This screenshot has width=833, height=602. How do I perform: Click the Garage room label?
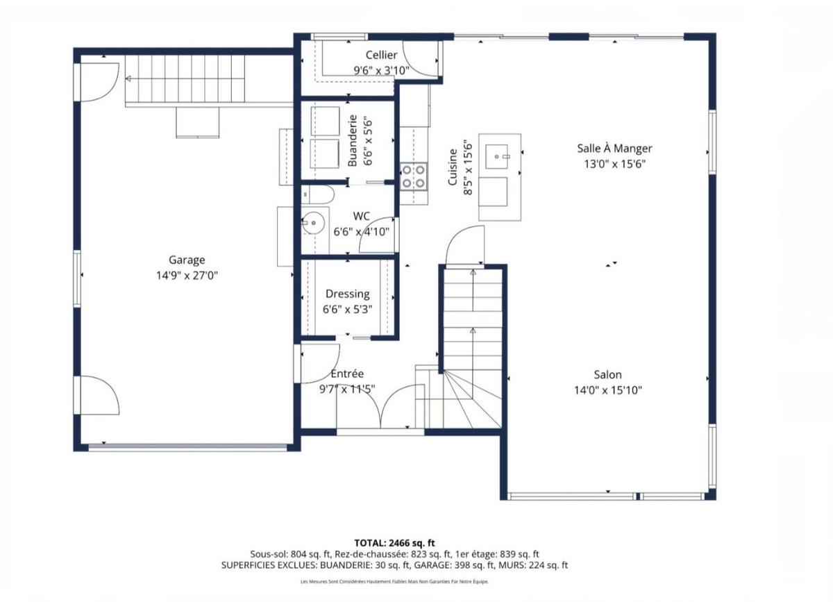click(187, 260)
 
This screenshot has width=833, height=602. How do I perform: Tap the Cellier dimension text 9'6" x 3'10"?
click(381, 70)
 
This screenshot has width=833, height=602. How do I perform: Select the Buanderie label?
click(352, 141)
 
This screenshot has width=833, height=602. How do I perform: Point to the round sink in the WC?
click(314, 223)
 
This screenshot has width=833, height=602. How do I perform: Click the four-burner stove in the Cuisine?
click(414, 177)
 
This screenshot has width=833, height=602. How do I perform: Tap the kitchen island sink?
click(496, 157)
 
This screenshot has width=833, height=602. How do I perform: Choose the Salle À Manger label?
click(614, 149)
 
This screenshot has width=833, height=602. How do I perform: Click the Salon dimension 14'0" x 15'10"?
click(608, 390)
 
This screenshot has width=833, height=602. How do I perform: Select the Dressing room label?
click(347, 294)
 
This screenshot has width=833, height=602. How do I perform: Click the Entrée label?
click(347, 374)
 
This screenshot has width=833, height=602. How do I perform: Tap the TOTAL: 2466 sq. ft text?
click(394, 543)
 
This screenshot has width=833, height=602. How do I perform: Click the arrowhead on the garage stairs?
click(128, 78)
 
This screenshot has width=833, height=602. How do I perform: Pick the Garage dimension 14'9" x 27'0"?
click(187, 276)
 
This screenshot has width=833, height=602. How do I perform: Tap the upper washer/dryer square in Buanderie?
click(325, 122)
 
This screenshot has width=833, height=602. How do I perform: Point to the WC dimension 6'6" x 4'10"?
click(361, 232)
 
